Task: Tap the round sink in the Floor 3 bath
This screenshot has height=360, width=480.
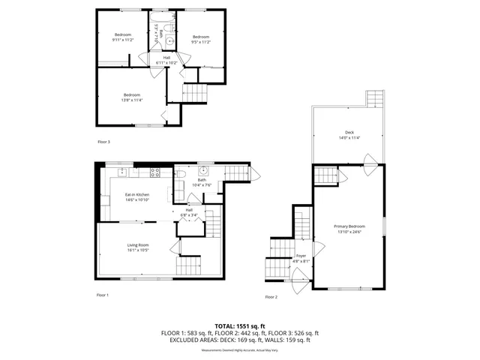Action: tap(169, 41)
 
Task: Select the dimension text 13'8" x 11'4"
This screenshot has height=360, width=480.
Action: tap(132, 99)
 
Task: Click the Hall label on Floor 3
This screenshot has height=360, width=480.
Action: tap(166, 58)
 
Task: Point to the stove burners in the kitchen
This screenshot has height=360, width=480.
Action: tap(155, 172)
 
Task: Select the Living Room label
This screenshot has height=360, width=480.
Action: tap(137, 245)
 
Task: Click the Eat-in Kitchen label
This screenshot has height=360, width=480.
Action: tap(137, 196)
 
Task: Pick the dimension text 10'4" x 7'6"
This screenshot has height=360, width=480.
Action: tap(202, 184)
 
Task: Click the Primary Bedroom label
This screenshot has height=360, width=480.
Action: tap(349, 226)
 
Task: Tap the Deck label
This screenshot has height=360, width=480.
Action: tap(349, 133)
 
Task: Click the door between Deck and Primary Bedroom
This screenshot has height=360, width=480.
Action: tap(368, 160)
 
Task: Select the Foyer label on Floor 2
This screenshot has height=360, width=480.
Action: tap(301, 256)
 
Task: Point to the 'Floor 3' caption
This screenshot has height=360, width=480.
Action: tap(103, 142)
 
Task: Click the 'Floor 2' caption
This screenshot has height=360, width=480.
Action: tap(271, 298)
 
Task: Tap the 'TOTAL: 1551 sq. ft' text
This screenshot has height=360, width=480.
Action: tap(239, 326)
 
